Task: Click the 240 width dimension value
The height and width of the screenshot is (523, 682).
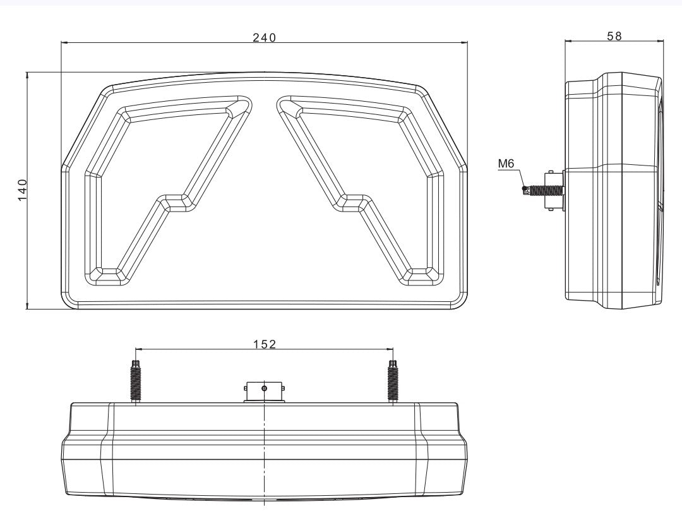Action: (265, 38)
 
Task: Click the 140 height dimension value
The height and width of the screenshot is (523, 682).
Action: (22, 189)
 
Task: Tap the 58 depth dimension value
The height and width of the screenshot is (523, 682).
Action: (614, 36)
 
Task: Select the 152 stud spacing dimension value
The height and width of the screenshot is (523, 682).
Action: (265, 344)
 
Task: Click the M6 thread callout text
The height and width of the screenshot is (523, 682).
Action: (506, 164)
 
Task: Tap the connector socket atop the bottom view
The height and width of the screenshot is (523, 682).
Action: (264, 392)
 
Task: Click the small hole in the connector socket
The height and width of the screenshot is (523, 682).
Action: (264, 387)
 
